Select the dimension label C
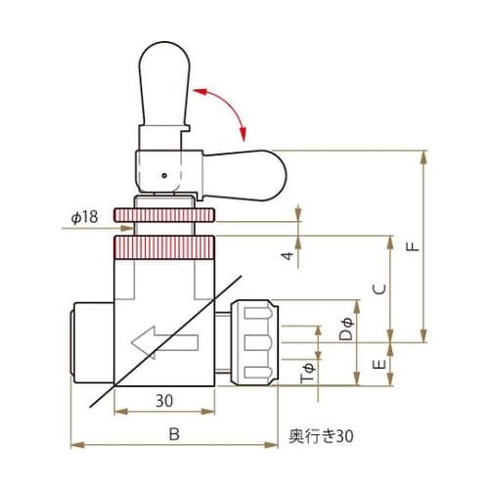(x=382, y=289)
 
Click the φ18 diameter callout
(x=84, y=220)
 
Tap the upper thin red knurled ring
(x=164, y=214)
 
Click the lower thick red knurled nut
(x=164, y=246)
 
